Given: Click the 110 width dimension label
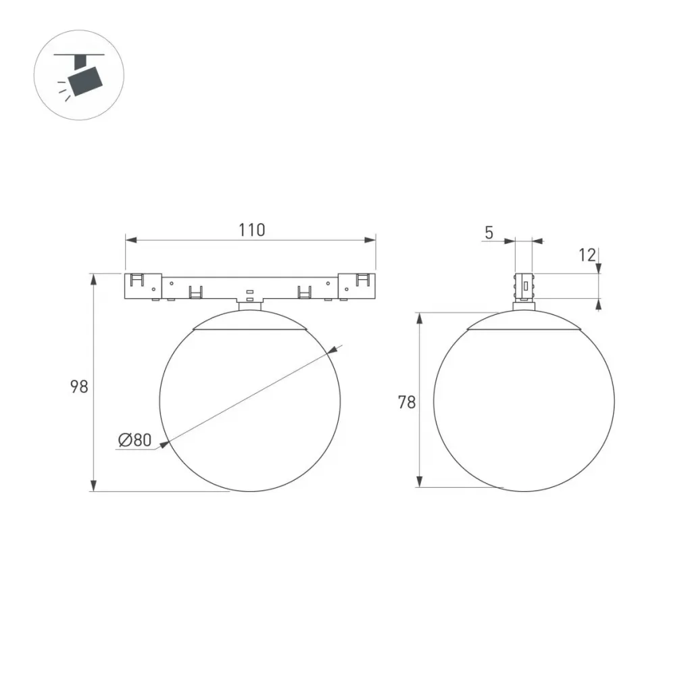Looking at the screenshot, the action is (x=251, y=230).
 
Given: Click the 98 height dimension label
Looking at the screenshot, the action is (x=80, y=387).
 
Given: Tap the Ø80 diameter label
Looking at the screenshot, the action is (x=135, y=439).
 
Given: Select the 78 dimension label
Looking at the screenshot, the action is (x=407, y=402).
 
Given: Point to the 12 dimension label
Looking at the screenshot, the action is (x=587, y=255).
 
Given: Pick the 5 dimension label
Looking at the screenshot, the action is (x=489, y=232).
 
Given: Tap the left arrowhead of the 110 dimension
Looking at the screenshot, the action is (x=132, y=240).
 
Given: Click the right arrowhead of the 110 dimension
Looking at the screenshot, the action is (x=370, y=240).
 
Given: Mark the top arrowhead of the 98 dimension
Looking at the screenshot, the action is (x=93, y=280).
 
